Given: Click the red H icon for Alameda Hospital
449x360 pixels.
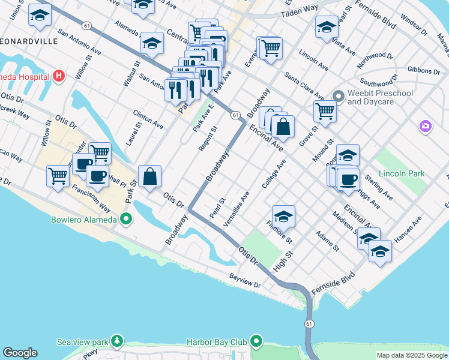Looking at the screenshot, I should point(58,76).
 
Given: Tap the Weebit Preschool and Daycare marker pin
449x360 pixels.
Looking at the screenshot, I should point(338,96).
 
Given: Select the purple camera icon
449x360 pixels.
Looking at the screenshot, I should point(426,126).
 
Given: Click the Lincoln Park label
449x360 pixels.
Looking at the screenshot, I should point(401,173).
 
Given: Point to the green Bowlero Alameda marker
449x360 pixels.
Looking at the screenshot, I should point(126,219).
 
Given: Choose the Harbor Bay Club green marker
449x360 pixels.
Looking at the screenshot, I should point(257,342).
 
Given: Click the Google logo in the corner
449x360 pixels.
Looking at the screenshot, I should point(19,353).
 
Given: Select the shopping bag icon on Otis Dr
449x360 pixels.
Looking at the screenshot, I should point(150,177).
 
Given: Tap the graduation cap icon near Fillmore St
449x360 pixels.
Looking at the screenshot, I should point(283,217).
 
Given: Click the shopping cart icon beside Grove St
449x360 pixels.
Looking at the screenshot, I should point(324,111).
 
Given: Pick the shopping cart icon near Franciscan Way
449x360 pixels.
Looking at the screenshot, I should point(58,176).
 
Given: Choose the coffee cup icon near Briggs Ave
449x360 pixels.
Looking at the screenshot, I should point(348,180).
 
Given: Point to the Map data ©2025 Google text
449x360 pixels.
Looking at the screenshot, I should point(412,355).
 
